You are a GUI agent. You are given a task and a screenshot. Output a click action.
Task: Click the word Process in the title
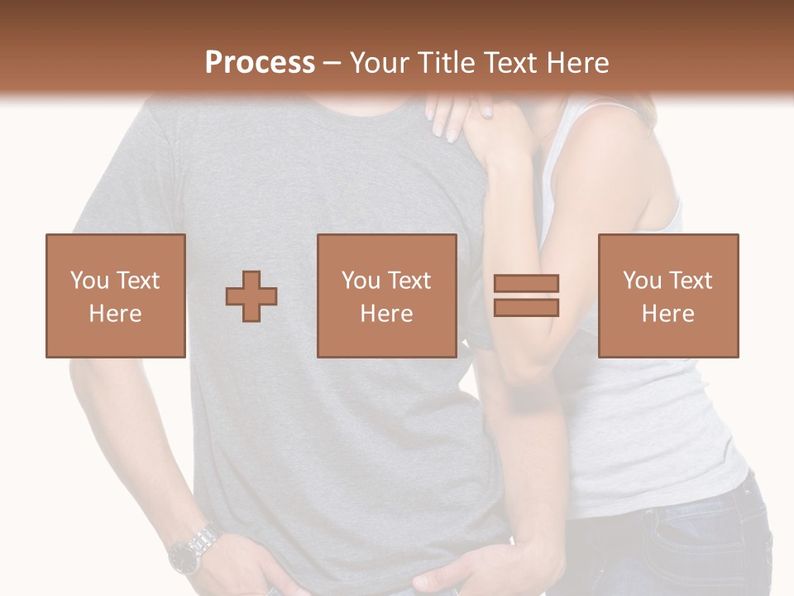pos(260,63)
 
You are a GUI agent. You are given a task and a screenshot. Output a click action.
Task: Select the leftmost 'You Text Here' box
pos(116,296)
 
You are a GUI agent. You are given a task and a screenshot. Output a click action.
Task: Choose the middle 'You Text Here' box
pos(387,296)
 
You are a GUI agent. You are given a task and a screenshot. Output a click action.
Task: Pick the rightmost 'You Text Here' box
pos(668,296)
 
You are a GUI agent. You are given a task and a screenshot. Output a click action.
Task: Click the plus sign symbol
pos(251,296)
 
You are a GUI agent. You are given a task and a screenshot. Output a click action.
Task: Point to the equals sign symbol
pos(526,296)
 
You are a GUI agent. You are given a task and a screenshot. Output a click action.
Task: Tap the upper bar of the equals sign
pos(526,284)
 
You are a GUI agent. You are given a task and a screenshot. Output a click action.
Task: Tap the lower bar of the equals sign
pos(526,307)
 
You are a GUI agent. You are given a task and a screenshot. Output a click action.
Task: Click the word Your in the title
pos(381,63)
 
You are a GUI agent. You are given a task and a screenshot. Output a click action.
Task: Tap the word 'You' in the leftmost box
pos(88,281)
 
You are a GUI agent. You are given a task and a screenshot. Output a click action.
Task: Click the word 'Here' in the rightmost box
pos(668,314)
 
